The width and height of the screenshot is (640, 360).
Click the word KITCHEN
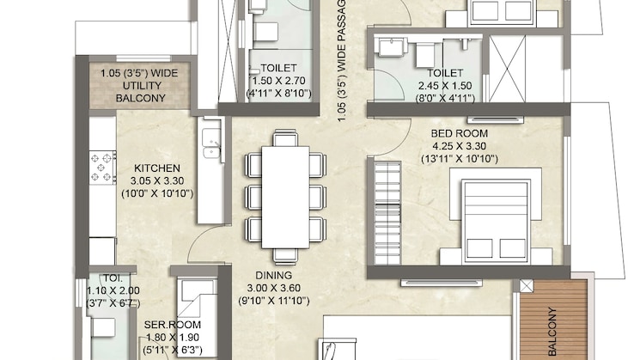155,168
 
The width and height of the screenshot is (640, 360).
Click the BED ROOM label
459,133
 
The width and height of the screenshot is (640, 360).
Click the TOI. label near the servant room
113,279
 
